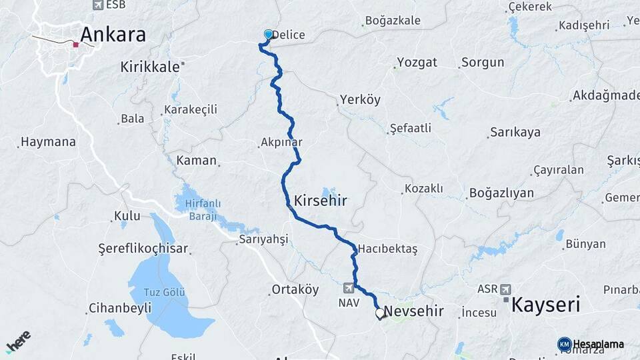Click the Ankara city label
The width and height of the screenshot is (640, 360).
pos(113,35)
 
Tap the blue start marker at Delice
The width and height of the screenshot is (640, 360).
pos(269,34)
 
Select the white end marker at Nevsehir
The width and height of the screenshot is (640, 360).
pos(380,312)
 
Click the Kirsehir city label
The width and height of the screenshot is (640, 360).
pos(321,200)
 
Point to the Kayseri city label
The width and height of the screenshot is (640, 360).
pos(545,305)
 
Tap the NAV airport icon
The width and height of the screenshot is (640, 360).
pos(349,288)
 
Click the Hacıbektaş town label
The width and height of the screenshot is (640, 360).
pos(387,249)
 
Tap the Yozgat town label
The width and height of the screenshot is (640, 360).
pos(417,63)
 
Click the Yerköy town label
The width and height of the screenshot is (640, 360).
pos(360,100)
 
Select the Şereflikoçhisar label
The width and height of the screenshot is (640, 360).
pos(143,249)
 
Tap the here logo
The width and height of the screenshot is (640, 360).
pos(18,341)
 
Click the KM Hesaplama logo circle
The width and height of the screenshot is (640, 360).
pos(564,344)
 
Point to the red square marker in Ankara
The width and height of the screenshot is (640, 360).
pos(76,45)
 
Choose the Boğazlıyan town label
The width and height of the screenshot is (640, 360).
pos(501,193)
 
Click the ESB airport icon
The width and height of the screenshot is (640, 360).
pos(98,5)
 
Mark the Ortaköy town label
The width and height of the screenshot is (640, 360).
pos(295,290)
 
